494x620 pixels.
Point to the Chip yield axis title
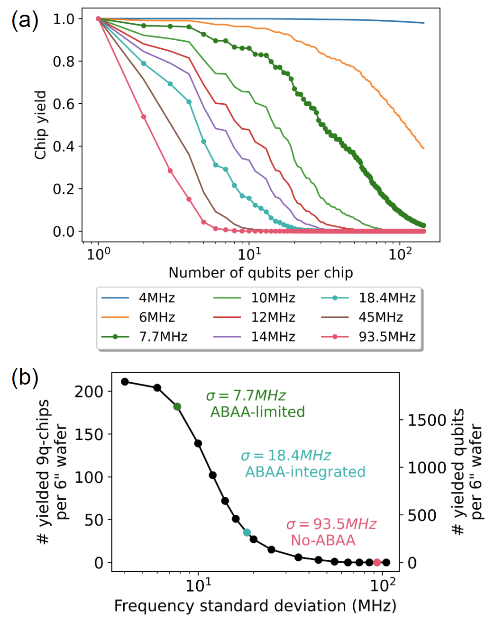(41, 125)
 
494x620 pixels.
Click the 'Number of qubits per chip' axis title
(261, 273)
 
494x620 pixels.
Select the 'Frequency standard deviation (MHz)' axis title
(255, 606)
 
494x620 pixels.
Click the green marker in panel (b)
(177, 407)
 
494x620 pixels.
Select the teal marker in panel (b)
(247, 532)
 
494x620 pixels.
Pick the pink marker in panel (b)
(377, 562)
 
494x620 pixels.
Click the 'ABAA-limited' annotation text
(257, 412)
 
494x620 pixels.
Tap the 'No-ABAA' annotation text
(323, 540)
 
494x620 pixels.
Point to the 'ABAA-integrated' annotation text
(305, 472)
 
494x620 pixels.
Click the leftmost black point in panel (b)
(125, 382)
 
